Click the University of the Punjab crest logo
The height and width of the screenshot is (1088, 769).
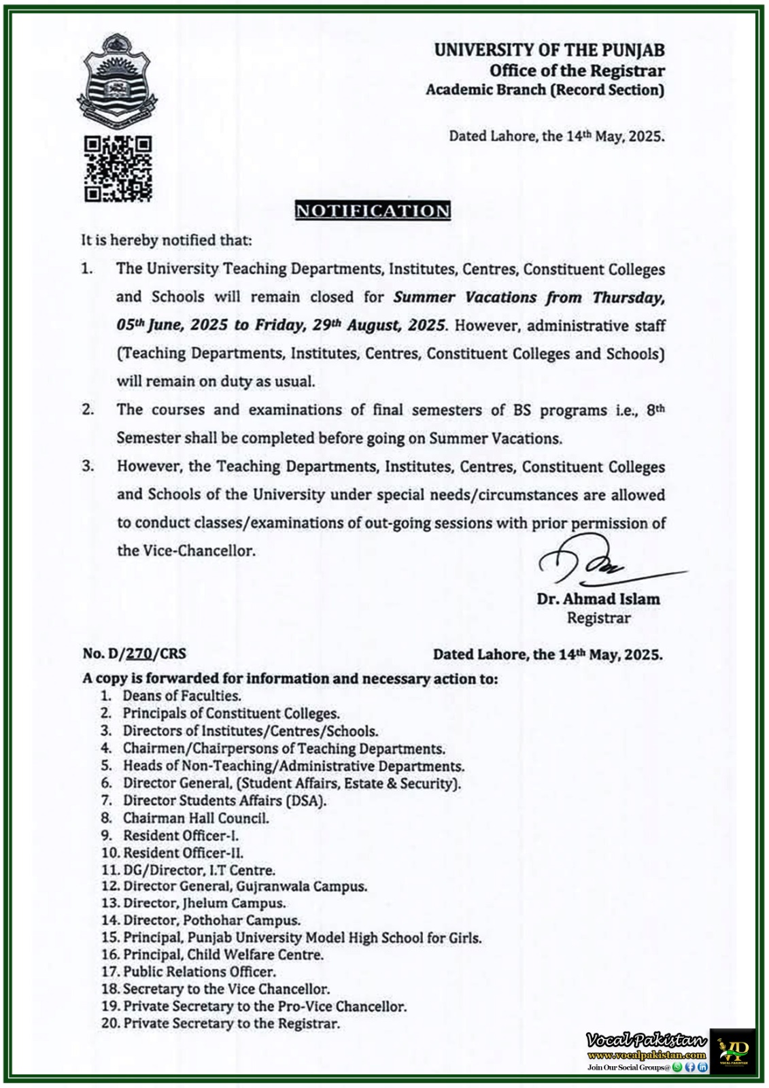pos(117,82)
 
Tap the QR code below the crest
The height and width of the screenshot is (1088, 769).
pos(118,169)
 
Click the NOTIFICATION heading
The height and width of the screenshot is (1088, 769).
pos(373,211)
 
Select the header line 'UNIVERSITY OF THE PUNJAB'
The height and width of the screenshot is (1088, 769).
pos(549,50)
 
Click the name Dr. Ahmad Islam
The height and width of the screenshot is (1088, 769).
pos(598,599)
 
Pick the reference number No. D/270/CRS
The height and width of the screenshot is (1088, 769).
pos(134,653)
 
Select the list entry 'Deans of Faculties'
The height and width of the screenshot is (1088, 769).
pos(182,696)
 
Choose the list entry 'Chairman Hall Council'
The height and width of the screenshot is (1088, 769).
pos(196,818)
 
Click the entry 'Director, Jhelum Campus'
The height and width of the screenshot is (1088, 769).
pos(204,903)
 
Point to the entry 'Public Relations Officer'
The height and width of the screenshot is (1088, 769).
pos(199,972)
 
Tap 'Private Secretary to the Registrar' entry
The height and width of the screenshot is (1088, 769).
pos(231,1023)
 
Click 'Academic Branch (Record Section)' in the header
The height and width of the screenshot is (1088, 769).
pos(545,90)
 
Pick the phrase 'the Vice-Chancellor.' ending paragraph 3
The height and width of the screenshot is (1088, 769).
pos(186,550)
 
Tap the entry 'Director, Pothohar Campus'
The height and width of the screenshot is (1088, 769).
pos(211,920)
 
